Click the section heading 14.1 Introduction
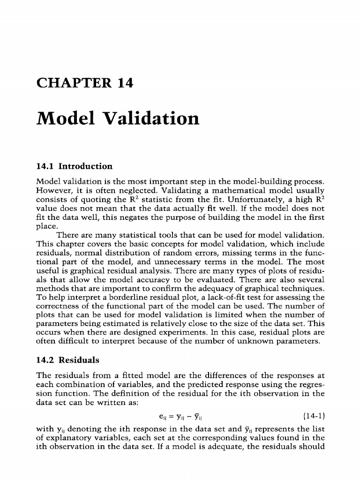pyautogui.click(x=74, y=166)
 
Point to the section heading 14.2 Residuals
pyautogui.click(x=67, y=360)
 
